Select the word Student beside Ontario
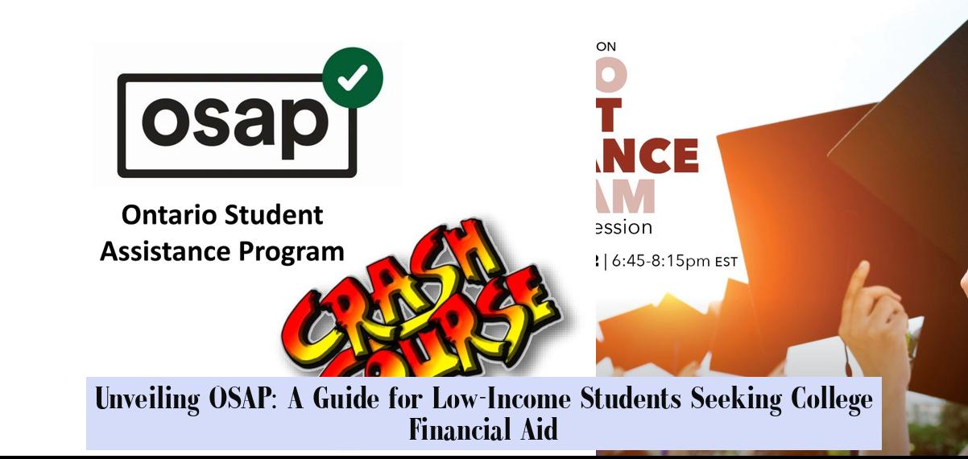(x=273, y=215)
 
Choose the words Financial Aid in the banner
(x=483, y=429)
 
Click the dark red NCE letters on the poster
(x=647, y=155)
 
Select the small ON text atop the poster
(x=606, y=48)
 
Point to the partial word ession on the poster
(x=624, y=227)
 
